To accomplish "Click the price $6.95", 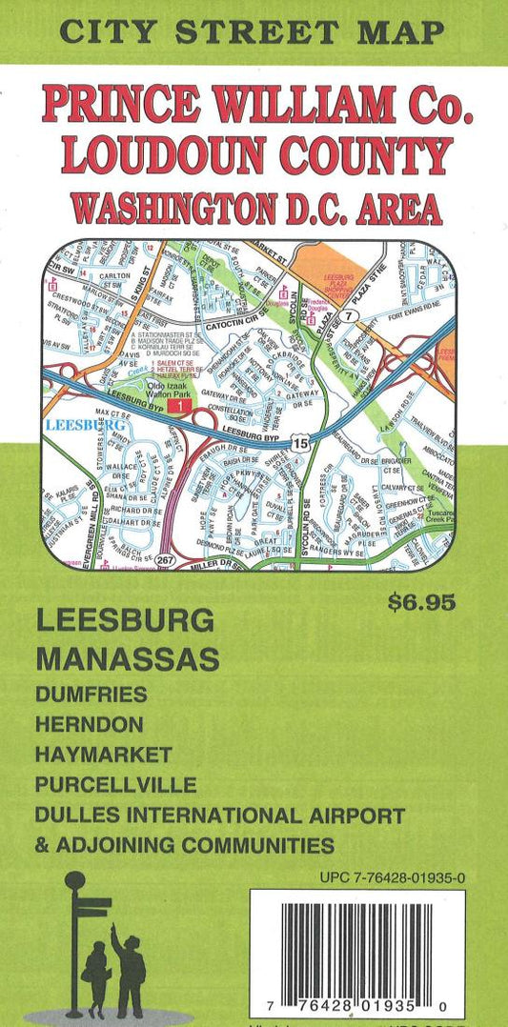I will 422,601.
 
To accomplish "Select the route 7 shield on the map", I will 352,315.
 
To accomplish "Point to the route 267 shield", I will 168,559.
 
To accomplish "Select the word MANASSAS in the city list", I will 128,657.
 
